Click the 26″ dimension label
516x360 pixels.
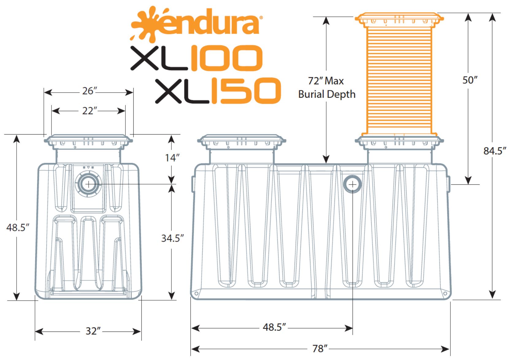(90, 91)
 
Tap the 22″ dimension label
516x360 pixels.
(90, 111)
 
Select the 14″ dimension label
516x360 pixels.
(172, 158)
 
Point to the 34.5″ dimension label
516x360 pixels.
(173, 238)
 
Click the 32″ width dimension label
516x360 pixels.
(93, 331)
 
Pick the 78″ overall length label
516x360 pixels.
(320, 348)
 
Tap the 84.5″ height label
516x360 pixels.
(495, 151)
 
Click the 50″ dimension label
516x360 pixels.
(470, 80)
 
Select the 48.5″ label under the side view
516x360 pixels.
(274, 327)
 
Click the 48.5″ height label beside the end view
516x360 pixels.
(18, 228)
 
